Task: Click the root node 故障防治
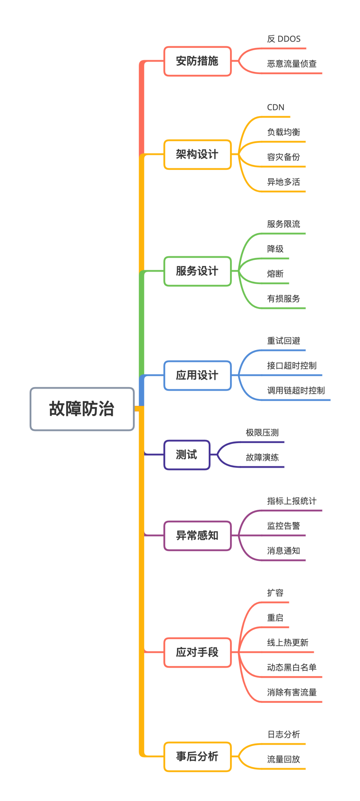(x=82, y=409)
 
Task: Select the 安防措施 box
(x=197, y=61)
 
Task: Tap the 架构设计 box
(x=197, y=154)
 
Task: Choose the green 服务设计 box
(x=197, y=271)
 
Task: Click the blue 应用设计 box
(x=197, y=375)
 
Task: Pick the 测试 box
(x=187, y=455)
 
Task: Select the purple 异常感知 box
(x=197, y=536)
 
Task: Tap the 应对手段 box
(x=197, y=652)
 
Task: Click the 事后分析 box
(x=197, y=757)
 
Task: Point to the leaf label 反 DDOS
(x=284, y=39)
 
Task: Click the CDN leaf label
(x=276, y=107)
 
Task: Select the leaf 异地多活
(x=283, y=182)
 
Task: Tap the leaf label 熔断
(x=275, y=274)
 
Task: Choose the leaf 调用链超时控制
(x=296, y=390)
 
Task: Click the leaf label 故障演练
(x=262, y=458)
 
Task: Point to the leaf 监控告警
(x=283, y=526)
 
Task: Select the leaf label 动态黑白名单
(x=292, y=667)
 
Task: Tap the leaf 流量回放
(x=283, y=759)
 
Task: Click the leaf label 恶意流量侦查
(x=292, y=64)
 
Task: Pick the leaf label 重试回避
(x=283, y=341)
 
